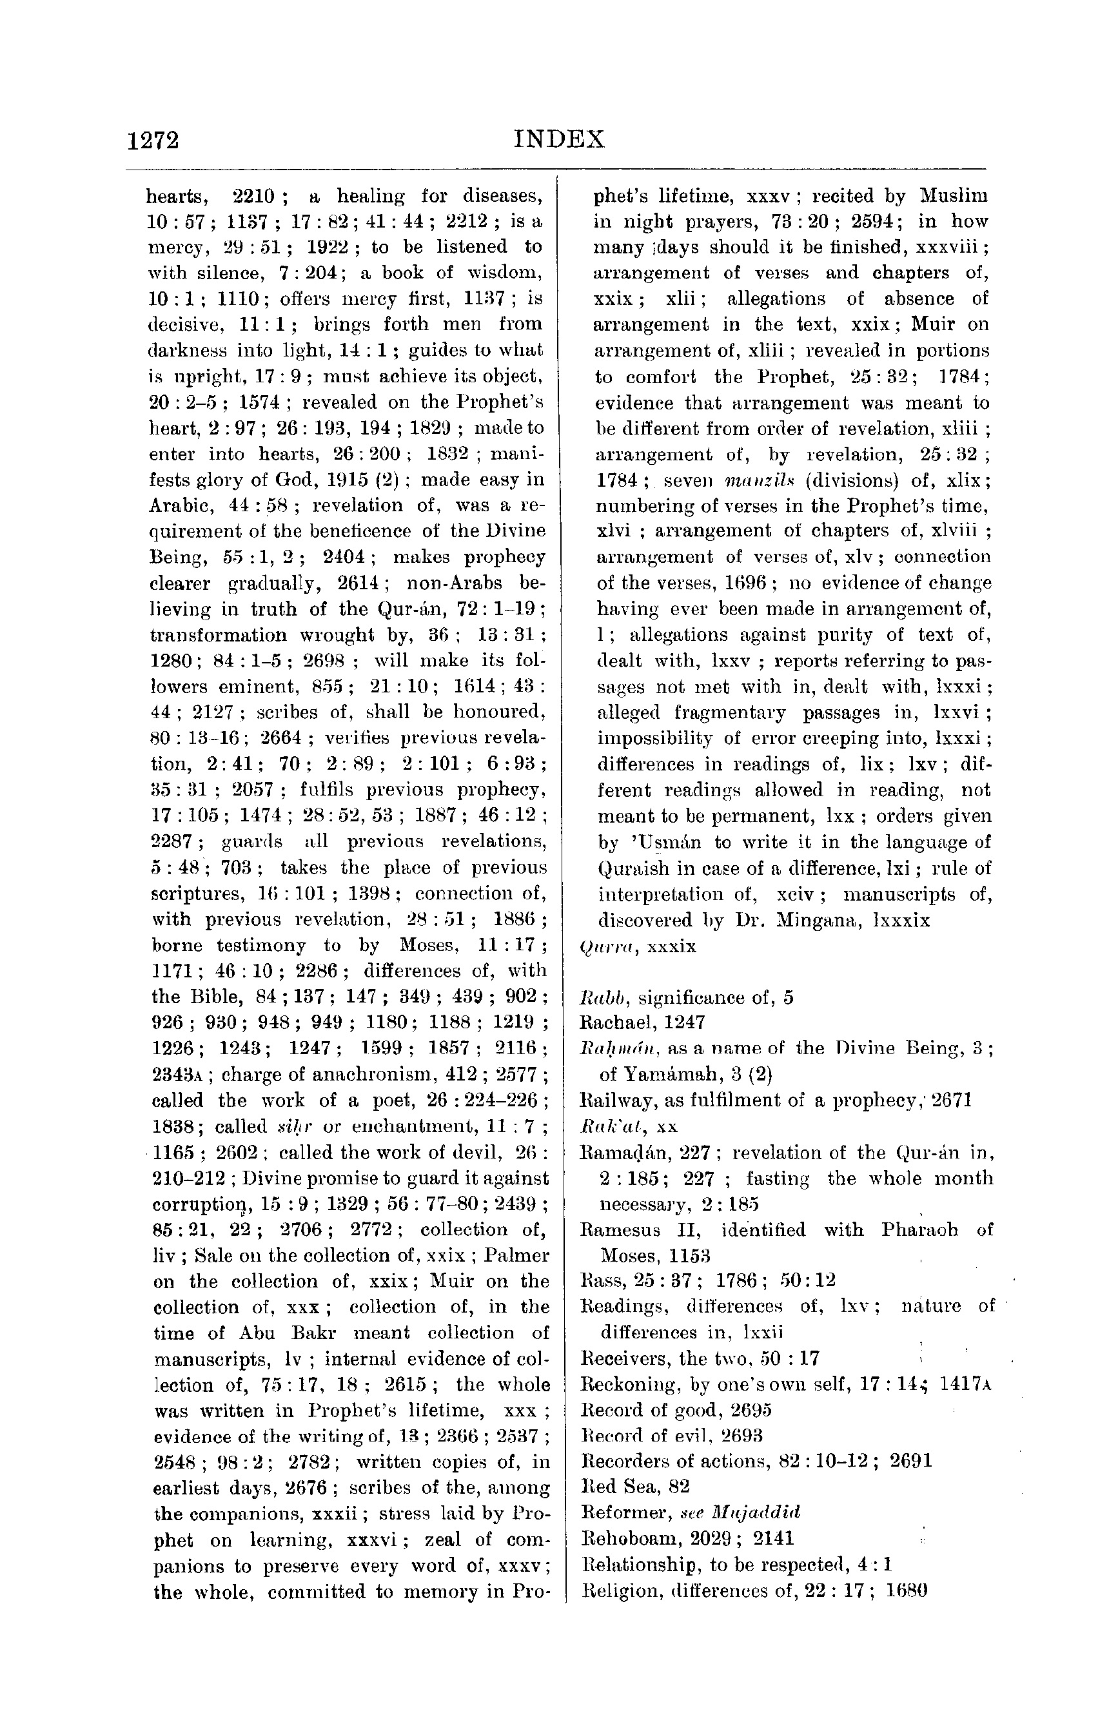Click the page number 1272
tap(153, 140)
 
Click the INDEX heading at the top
tap(560, 138)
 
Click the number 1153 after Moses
tap(690, 1256)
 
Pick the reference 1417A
tap(966, 1384)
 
